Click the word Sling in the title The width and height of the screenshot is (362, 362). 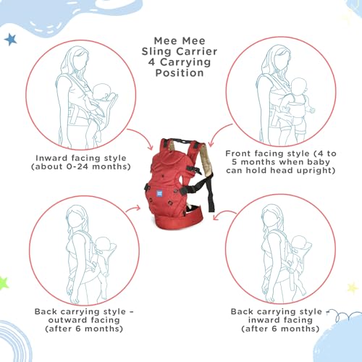point(157,52)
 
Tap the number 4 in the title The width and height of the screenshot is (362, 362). point(151,62)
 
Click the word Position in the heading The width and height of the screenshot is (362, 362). point(180,72)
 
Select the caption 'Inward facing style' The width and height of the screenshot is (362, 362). point(81,158)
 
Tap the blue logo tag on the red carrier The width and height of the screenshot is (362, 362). point(159,193)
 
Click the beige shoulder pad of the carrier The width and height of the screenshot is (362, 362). point(206,159)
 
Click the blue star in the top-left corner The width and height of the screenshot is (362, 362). point(10,39)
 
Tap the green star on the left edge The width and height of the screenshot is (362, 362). point(3,284)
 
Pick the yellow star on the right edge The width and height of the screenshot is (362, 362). point(353,287)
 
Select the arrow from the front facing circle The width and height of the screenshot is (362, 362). point(219,132)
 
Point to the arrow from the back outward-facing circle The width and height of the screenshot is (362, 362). point(133,209)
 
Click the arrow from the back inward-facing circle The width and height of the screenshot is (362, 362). point(224,213)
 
